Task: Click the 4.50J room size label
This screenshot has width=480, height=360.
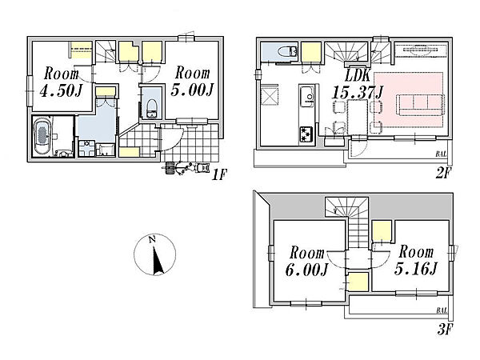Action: pos(62,90)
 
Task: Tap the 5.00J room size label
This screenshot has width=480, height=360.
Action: pos(192,90)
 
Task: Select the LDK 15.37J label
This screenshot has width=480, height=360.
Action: pos(358,84)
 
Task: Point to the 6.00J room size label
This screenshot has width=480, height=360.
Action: pos(307,270)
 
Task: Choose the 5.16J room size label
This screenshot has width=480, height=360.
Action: pos(416,269)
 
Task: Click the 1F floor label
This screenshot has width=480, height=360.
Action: pos(219,175)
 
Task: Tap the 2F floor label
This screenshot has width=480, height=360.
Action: pos(443,174)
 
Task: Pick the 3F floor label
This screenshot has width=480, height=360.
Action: pos(445,330)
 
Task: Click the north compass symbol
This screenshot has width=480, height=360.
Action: pos(155,254)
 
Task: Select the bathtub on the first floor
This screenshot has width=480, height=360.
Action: pos(42,137)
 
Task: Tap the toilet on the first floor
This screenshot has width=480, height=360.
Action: pos(151,109)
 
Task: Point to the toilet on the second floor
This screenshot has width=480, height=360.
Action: pos(287,51)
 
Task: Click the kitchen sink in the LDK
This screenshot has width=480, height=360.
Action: pos(307,97)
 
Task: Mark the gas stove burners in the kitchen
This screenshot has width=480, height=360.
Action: pos(306,134)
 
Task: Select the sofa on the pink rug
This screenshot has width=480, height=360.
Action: pos(420,105)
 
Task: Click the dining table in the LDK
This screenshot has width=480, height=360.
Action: pos(358,118)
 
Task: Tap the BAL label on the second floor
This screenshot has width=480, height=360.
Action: pos(441,154)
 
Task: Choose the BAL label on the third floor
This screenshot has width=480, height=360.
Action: pos(442,310)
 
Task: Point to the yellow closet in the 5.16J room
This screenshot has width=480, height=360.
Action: pos(382,231)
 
